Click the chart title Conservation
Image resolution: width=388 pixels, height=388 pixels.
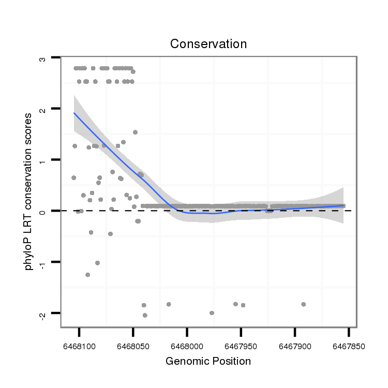[208, 44]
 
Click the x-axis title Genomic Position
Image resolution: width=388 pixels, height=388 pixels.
[208, 361]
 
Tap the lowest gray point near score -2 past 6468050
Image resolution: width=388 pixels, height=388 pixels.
[145, 315]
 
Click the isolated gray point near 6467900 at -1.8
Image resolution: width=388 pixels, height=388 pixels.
[303, 304]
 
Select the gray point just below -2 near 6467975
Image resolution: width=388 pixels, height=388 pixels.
[212, 313]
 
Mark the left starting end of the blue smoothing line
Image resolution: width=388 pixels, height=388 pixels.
[74, 113]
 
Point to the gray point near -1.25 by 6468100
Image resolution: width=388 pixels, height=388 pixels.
[87, 275]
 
